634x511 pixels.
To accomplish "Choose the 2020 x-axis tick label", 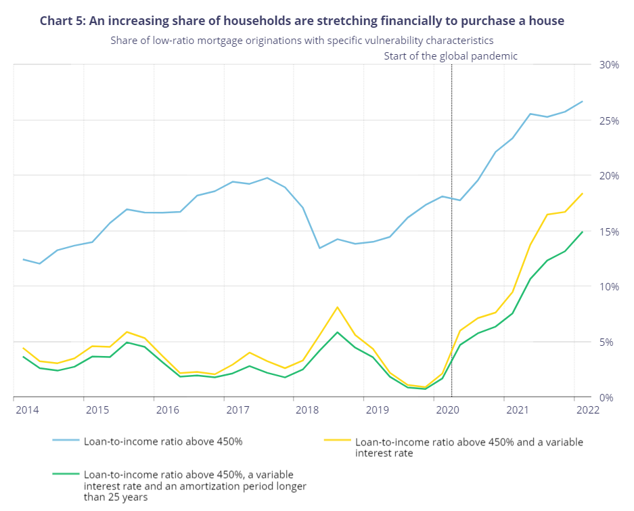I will coord(447,410).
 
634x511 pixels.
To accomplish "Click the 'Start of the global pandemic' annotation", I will coord(451,56).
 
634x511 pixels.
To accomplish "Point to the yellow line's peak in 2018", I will coord(338,307).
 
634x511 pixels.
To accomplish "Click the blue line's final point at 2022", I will coord(583,102).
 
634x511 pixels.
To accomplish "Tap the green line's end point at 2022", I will coord(583,231).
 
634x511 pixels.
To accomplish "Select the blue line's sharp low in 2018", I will coord(320,248).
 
